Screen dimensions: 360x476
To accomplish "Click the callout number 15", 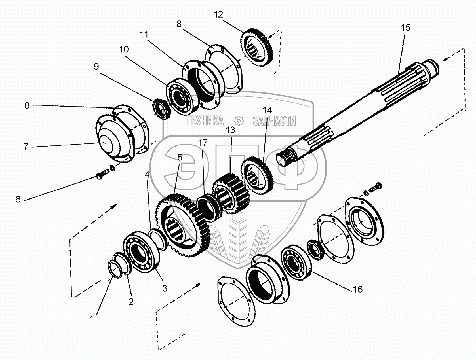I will [405, 28].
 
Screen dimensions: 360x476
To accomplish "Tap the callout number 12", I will [218, 14].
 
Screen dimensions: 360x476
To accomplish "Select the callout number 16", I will [358, 289].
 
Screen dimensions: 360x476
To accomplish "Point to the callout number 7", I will [26, 147].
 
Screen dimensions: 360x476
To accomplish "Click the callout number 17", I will [203, 143].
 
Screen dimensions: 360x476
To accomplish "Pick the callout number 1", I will [91, 319].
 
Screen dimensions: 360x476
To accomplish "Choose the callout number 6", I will [18, 199].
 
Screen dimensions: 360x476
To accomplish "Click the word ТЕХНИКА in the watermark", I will [205, 121].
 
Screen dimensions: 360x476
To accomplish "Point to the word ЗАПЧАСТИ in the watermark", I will [274, 121].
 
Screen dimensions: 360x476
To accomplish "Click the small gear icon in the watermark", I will [239, 121].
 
